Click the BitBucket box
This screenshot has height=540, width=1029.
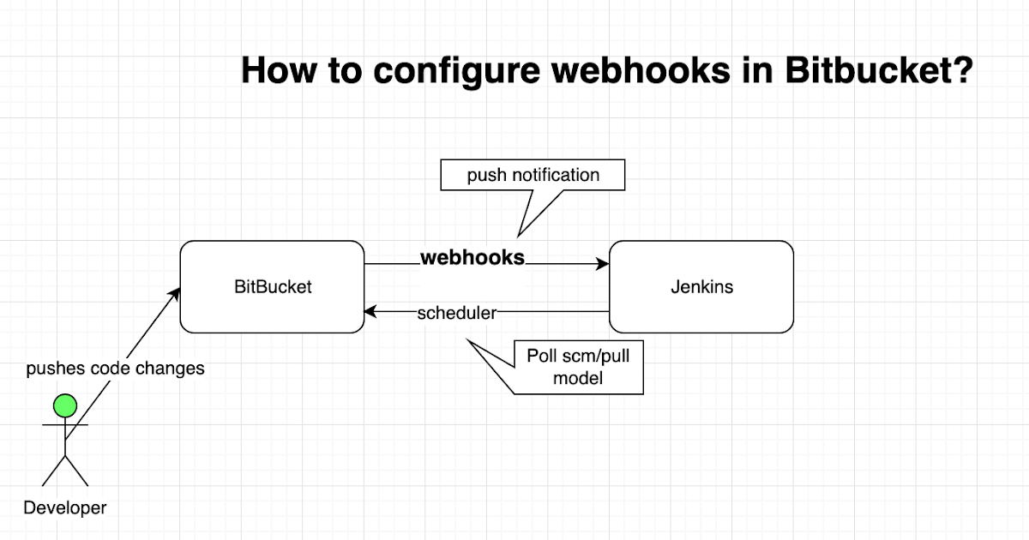[x=273, y=287]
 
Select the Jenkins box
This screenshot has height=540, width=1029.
[x=701, y=287]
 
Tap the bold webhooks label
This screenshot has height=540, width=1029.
[x=472, y=257]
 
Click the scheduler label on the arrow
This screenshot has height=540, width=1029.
[x=456, y=313]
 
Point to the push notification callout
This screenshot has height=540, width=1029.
[x=533, y=175]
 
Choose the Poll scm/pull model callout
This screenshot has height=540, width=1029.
[x=578, y=367]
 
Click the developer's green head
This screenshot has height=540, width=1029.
[x=64, y=405]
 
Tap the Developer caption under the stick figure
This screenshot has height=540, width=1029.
[x=65, y=507]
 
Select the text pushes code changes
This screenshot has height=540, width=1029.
[x=116, y=369]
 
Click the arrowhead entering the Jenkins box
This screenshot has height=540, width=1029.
[x=603, y=265]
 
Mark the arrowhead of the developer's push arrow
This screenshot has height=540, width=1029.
[x=176, y=293]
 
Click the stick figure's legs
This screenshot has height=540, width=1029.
[x=65, y=470]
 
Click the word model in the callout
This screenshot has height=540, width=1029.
[x=578, y=377]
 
